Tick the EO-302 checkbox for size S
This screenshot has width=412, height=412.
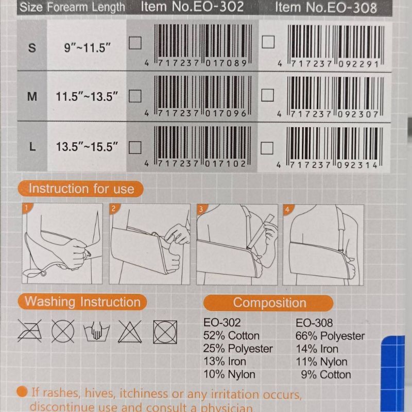135,43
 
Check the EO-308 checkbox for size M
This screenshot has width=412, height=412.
267,95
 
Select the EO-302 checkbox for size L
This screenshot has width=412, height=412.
135,147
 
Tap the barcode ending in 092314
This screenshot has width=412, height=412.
331,148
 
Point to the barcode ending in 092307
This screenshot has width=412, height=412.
331,97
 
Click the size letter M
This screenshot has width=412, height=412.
32,97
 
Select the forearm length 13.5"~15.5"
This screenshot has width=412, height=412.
87,147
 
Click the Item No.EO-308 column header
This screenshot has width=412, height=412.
326,7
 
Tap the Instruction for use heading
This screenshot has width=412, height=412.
81,188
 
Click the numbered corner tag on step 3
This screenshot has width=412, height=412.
201,209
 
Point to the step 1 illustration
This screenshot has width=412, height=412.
62,243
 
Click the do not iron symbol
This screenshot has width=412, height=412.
30,331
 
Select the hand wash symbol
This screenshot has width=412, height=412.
96,332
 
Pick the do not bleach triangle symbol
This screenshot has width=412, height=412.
130,332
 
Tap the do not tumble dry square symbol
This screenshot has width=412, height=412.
165,332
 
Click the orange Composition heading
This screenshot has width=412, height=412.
268,303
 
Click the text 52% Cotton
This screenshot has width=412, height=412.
231,336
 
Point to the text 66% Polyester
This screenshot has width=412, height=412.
330,336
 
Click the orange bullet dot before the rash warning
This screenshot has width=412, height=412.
22,391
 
